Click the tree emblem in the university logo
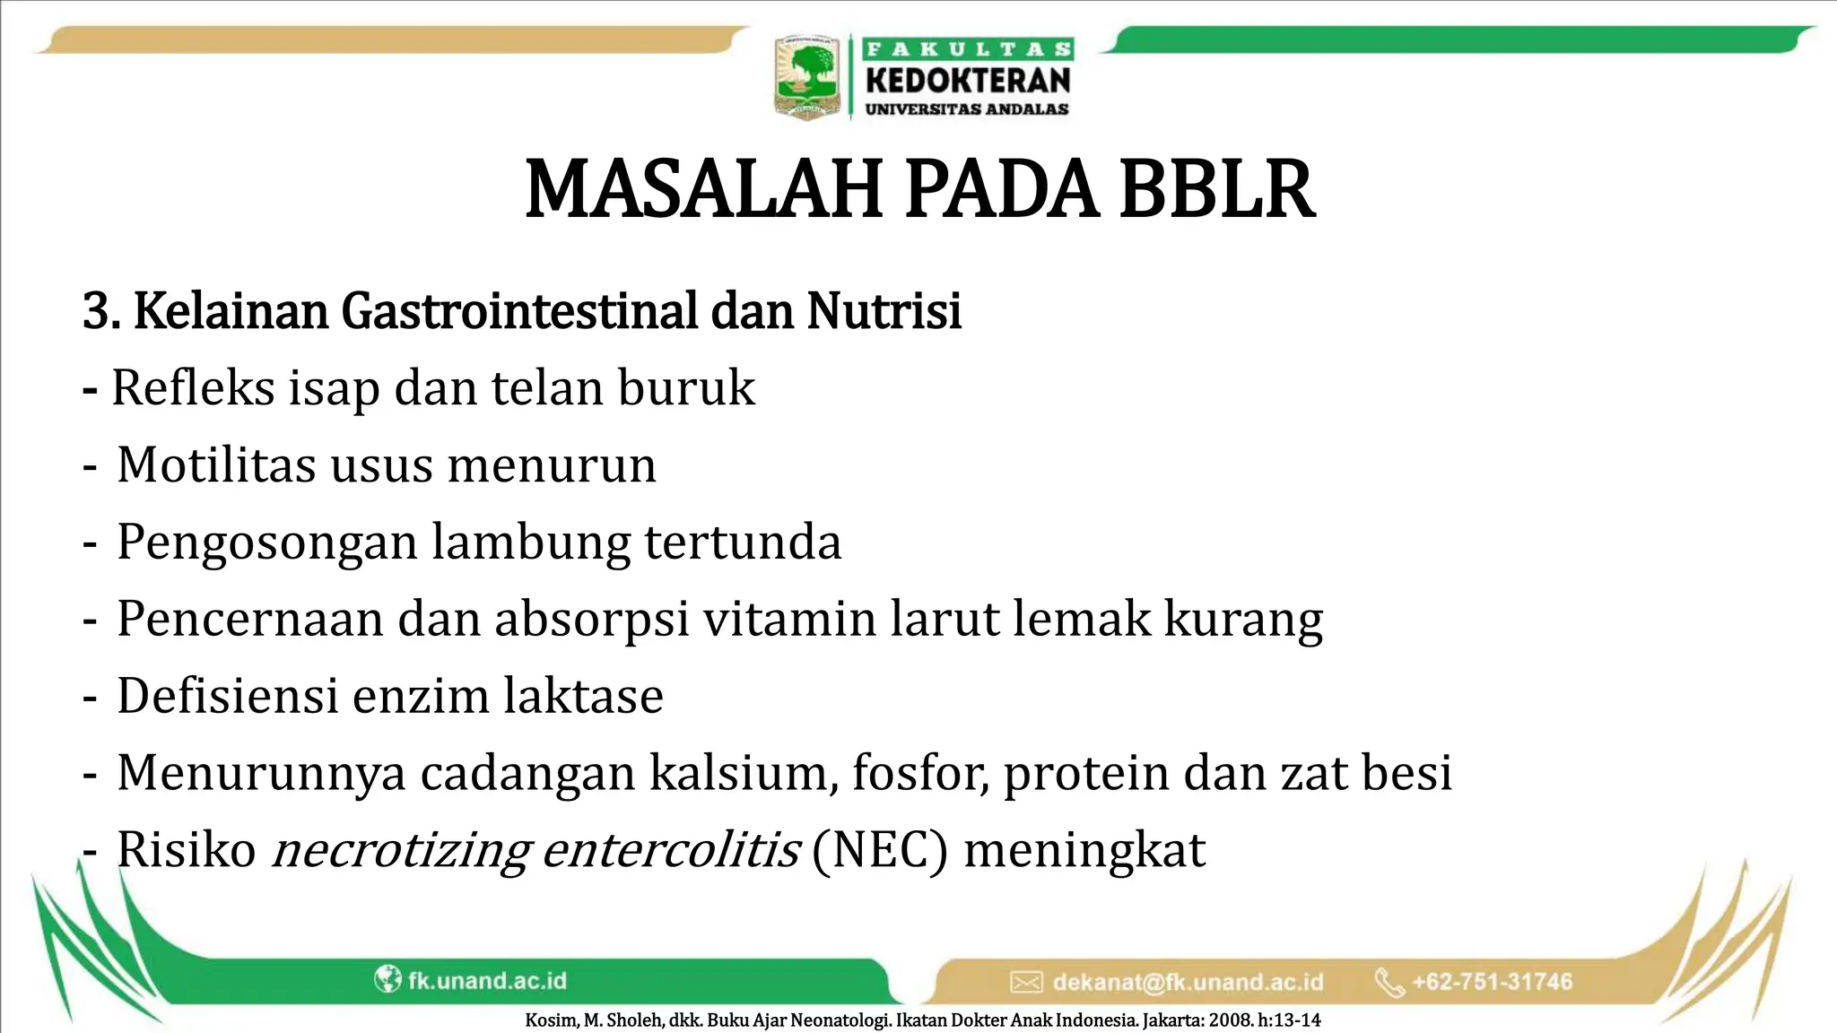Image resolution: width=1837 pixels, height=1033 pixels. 807,76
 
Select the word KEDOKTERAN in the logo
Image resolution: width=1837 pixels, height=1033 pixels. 968,81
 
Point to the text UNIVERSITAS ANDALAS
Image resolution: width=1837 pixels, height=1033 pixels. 967,109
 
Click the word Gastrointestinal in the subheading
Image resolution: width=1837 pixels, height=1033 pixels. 519,311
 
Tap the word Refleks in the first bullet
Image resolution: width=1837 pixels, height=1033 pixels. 193,388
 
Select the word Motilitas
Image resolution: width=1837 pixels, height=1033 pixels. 216,465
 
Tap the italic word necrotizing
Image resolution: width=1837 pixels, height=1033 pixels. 400,850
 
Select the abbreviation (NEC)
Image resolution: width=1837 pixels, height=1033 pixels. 879,850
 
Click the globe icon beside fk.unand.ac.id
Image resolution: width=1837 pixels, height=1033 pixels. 387,979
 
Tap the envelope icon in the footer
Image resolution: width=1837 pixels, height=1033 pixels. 1026,982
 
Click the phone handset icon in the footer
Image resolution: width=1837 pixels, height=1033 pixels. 1389,982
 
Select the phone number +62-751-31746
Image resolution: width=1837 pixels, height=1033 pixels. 1493,982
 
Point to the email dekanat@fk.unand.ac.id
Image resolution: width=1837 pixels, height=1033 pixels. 1188,982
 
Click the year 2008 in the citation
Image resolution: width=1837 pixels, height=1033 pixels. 1227,1020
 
